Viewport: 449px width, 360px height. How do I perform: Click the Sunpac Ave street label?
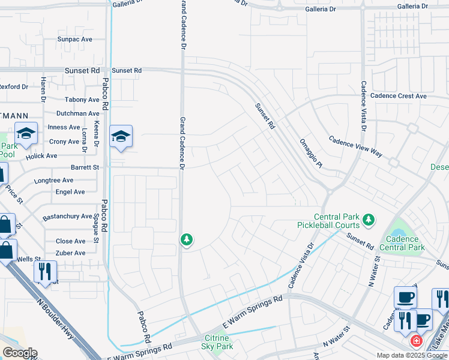[x=74, y=39]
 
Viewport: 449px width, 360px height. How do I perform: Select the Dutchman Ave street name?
[x=77, y=113]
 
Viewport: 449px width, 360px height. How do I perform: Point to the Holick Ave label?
[x=41, y=156]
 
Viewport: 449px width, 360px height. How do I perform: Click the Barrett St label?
[x=84, y=167]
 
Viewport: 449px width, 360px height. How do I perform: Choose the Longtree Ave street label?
[x=54, y=180]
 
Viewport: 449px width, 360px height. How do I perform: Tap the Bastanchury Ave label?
[x=67, y=216]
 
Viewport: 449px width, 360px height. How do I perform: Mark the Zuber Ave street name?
[x=70, y=253]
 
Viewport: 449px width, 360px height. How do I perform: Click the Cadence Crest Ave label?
[x=398, y=96]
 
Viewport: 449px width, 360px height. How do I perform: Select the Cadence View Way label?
[x=355, y=146]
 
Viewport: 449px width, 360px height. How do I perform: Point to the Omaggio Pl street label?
[x=311, y=152]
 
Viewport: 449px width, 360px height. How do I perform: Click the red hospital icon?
[x=415, y=341]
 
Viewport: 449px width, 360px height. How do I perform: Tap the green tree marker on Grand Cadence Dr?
[x=187, y=240]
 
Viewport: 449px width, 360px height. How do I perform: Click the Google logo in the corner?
[x=19, y=353]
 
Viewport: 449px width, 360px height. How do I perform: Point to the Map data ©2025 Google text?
[x=411, y=355]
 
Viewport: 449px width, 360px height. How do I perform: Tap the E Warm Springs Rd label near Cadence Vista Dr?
[x=252, y=311]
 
